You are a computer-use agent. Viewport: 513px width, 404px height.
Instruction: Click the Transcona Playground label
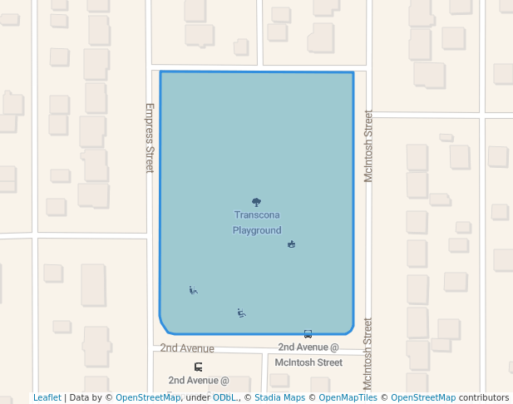257,222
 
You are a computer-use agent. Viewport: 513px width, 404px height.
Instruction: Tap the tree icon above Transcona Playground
256,202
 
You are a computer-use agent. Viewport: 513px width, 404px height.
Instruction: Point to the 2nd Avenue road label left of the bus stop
187,348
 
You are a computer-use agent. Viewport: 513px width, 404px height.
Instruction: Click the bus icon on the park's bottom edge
308,334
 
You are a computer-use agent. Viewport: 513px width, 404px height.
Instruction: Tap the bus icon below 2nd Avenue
198,367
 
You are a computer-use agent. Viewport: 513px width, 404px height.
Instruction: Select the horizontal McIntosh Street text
308,362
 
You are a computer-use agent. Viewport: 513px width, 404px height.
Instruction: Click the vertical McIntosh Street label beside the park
368,146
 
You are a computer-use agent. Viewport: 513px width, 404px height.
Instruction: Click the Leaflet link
47,397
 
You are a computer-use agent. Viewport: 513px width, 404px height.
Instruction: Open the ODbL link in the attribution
224,397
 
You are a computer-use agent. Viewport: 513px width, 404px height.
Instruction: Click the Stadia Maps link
279,397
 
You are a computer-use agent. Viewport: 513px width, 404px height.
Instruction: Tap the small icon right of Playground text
291,244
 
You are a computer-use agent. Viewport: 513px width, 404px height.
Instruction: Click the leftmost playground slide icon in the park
193,290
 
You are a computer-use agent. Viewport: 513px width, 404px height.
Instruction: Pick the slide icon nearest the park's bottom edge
241,313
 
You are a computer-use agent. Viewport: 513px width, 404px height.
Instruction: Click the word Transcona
257,214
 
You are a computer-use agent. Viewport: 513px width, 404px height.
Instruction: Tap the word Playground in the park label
257,230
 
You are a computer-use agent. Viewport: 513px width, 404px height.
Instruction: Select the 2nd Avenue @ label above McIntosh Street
308,347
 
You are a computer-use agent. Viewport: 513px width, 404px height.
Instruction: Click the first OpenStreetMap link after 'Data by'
148,397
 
